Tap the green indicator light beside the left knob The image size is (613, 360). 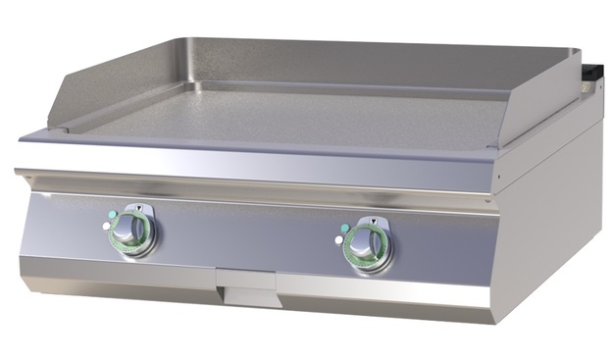(113, 215)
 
